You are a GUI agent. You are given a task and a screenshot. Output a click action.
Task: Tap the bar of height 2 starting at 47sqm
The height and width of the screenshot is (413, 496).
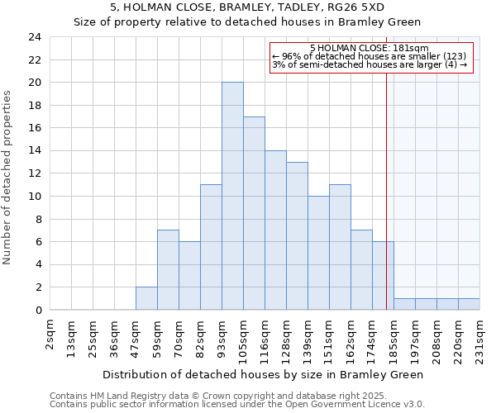pyautogui.click(x=146, y=298)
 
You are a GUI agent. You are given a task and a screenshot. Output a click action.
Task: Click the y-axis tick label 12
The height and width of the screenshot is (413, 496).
pyautogui.click(x=35, y=173)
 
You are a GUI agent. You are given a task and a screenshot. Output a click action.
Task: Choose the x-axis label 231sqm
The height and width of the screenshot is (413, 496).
pyautogui.click(x=480, y=336)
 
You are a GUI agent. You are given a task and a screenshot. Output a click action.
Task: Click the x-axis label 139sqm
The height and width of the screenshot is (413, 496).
pyautogui.click(x=308, y=336)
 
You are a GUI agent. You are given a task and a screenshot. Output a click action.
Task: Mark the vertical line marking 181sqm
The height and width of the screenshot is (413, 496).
pyautogui.click(x=386, y=206)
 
